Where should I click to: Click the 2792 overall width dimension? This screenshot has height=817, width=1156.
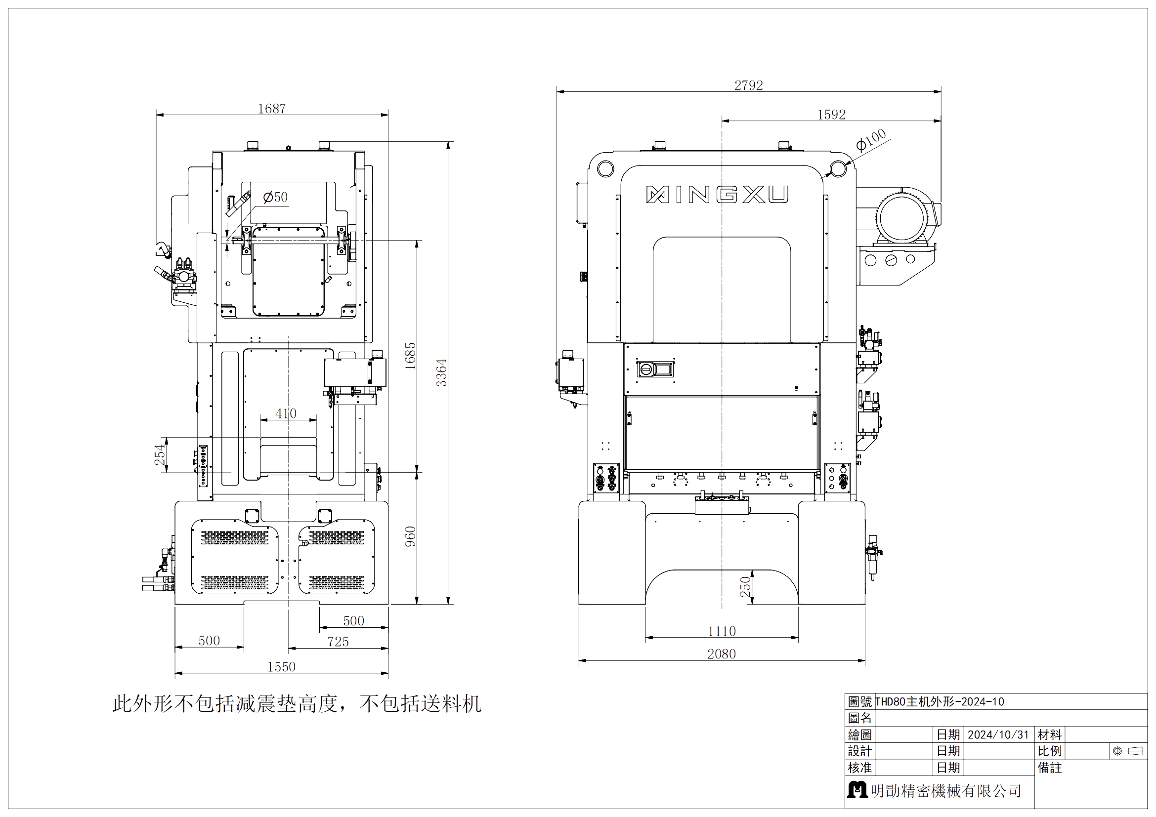pos(748,85)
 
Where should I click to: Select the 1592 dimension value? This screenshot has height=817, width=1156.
pos(831,115)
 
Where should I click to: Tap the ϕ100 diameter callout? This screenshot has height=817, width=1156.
pos(870,140)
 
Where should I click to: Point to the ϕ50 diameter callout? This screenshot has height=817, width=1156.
pos(275,197)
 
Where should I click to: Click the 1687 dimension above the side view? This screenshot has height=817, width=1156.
pos(272,109)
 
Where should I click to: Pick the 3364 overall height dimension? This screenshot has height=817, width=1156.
pos(441,373)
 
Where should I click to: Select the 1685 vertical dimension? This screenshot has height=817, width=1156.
pos(411,356)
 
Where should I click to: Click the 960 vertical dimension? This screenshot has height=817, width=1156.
pos(411,537)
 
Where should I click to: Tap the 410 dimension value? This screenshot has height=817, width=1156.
pos(286,413)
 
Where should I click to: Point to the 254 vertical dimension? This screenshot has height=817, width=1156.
pos(160,454)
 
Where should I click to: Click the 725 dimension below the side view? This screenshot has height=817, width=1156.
pos(338,642)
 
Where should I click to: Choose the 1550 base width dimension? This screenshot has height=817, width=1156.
pos(281,666)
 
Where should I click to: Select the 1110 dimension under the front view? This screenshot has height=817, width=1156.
pos(722,631)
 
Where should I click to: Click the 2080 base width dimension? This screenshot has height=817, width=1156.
pos(722,654)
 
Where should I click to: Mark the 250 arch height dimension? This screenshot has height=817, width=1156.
pos(745,587)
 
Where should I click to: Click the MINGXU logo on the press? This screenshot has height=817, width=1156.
pos(718,195)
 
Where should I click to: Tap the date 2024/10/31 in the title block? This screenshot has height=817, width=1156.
pos(998,735)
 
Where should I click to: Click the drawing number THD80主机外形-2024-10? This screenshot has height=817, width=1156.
pos(940,702)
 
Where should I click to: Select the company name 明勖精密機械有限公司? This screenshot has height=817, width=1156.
pos(946,791)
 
